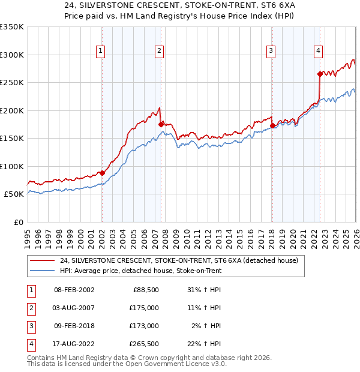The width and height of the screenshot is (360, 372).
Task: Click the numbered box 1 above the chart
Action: point(100,51)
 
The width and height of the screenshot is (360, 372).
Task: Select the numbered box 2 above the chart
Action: point(159,51)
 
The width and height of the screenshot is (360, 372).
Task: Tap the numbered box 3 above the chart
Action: point(271,51)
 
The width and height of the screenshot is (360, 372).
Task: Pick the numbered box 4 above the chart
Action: point(318,51)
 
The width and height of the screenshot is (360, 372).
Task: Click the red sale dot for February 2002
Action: point(102,173)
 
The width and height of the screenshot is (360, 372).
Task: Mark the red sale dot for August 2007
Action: point(161,124)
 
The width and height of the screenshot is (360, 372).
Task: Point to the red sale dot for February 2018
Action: point(272,125)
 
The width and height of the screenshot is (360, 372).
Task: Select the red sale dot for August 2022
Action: point(320,74)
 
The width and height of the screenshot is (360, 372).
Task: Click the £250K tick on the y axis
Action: point(12,83)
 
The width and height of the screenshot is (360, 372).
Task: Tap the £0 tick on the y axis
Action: point(18,222)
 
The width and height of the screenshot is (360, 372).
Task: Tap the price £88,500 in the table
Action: point(145,290)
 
